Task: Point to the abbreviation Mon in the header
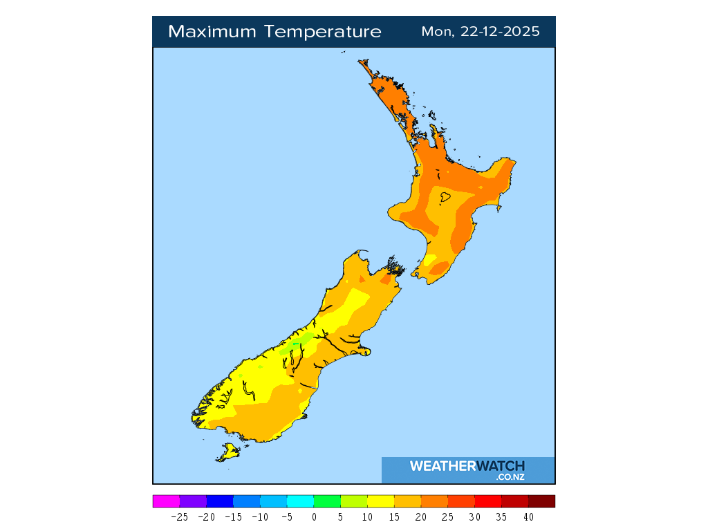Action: click(434, 32)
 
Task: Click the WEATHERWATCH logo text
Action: click(467, 466)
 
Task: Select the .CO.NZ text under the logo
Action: click(510, 477)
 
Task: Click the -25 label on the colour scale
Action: click(180, 516)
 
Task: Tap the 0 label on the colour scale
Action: click(314, 516)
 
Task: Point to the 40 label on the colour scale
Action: click(528, 516)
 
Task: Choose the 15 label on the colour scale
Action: click(394, 516)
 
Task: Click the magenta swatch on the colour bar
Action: click(166, 501)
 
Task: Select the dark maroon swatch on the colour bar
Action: click(542, 501)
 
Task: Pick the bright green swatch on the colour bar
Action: click(327, 501)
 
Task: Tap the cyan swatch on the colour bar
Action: click(300, 501)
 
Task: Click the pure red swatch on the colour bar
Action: click(488, 501)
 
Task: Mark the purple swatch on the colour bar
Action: click(193, 501)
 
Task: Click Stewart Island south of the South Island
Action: click(228, 453)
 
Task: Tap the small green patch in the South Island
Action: click(296, 342)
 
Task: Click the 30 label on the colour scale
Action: click(475, 516)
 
